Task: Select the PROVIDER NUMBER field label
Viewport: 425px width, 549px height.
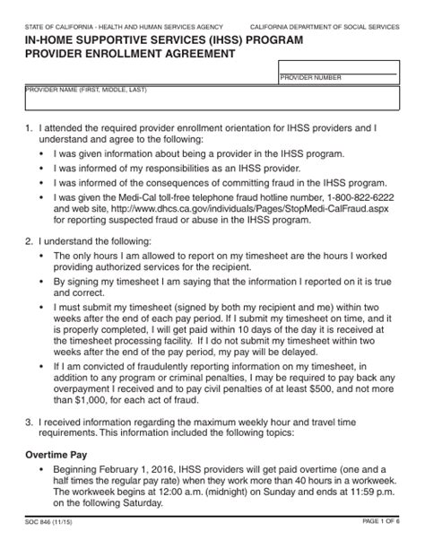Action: tap(310, 78)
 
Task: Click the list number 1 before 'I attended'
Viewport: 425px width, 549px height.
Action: tap(29, 128)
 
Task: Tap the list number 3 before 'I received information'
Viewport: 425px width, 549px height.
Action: tap(29, 422)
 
